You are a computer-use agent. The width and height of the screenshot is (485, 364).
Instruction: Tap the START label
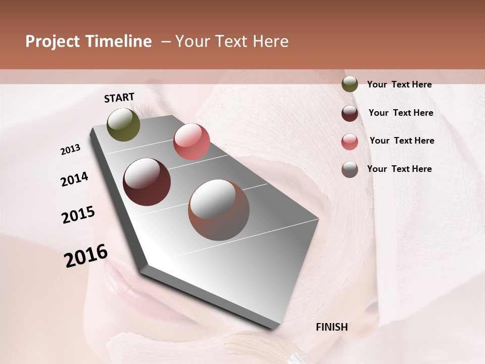119,98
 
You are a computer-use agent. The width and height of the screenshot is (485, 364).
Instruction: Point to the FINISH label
332,327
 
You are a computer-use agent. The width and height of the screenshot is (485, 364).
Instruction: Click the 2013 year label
70,150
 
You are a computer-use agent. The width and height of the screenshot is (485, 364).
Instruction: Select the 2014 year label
74,179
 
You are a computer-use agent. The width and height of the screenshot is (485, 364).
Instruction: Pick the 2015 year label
78,215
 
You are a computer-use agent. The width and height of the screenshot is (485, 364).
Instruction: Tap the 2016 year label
86,255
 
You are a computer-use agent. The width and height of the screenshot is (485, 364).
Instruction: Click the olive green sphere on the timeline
124,124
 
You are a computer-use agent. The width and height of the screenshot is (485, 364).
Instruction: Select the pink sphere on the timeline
191,142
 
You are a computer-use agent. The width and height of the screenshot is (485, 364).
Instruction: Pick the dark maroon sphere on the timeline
147,182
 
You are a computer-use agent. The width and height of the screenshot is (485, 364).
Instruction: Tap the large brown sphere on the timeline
219,210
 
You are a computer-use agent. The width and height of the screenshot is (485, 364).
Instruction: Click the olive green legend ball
350,84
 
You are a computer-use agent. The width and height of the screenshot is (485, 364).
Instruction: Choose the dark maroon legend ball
350,113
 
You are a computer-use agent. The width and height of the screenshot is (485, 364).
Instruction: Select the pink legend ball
350,142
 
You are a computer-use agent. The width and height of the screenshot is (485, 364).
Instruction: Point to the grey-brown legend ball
350,169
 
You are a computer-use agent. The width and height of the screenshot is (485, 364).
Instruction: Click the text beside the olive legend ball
399,84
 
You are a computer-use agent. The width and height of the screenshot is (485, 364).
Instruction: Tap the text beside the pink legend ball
402,141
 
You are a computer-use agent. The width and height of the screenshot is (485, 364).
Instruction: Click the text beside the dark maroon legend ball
401,113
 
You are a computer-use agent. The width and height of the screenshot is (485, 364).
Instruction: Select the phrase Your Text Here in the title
231,42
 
